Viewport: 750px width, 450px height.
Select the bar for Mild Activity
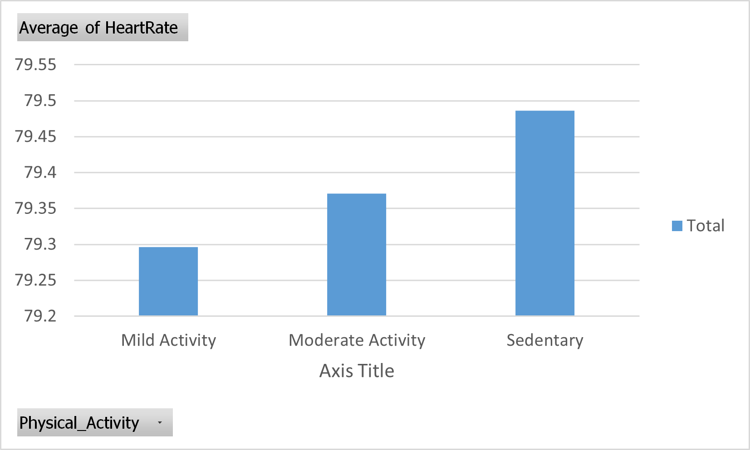tap(168, 281)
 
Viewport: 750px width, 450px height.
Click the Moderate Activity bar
tap(357, 254)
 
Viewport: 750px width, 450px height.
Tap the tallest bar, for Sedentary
tap(545, 213)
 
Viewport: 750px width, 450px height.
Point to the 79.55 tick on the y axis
tap(36, 65)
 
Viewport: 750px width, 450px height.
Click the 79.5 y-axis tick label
tap(40, 101)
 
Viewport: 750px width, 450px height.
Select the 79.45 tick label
tap(36, 136)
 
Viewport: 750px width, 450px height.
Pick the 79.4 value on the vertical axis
tap(40, 172)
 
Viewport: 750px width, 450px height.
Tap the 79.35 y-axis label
tap(36, 208)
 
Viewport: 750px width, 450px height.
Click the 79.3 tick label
tap(40, 244)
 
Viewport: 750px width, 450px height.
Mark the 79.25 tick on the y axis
tap(36, 280)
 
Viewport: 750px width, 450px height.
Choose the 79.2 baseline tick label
tap(40, 316)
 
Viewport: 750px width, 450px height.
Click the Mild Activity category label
tap(168, 340)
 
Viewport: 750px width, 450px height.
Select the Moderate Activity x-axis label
tap(357, 340)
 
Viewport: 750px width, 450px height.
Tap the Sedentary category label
tap(545, 340)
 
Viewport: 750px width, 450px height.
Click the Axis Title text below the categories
tap(357, 371)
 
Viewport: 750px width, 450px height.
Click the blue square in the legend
tap(677, 226)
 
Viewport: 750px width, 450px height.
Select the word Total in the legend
tap(706, 226)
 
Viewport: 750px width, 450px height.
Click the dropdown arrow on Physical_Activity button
tap(160, 423)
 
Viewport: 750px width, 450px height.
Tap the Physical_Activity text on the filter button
tap(79, 423)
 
